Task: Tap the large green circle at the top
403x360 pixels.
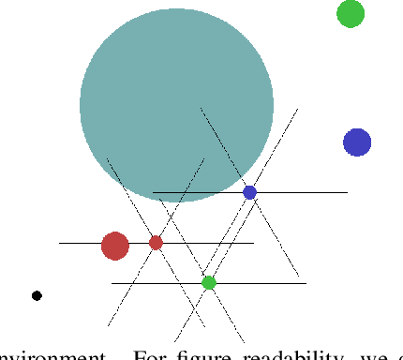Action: coord(351,14)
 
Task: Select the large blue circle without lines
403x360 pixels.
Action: coord(357,142)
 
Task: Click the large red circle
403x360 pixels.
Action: coord(115,246)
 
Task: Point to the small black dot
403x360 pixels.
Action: coord(37,295)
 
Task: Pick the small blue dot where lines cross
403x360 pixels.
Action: coord(249,192)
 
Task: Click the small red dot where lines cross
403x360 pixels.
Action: coord(156,243)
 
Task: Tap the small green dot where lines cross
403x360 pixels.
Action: coord(209,282)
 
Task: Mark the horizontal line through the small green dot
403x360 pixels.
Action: coord(262,283)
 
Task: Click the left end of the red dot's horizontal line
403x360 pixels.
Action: coord(60,244)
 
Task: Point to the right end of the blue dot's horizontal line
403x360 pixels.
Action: coord(347,193)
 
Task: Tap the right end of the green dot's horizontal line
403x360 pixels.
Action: coord(306,283)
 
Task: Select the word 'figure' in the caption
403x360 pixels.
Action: coord(195,354)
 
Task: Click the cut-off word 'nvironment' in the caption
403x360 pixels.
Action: coord(52,354)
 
